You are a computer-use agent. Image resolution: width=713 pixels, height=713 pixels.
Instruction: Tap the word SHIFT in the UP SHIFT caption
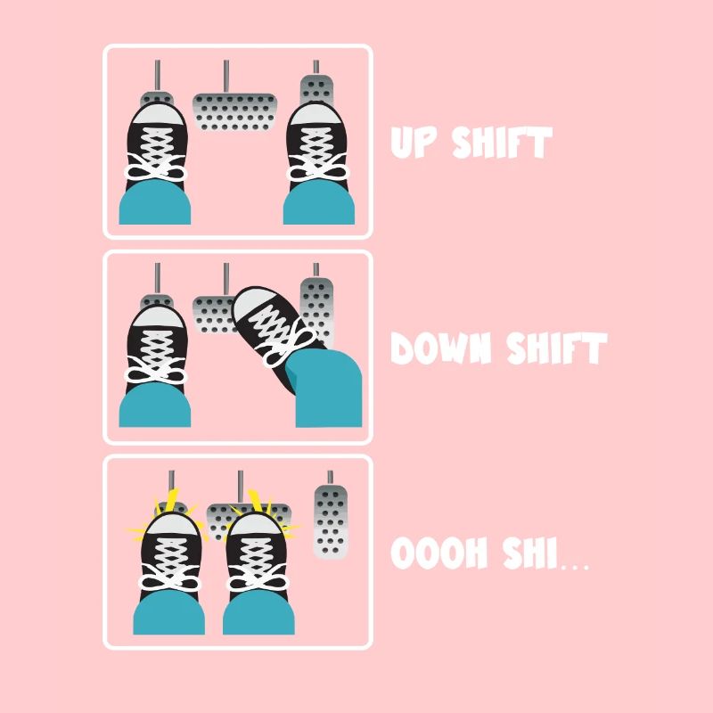click(x=502, y=143)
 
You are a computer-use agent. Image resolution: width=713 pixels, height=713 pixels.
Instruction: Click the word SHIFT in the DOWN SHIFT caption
click(x=557, y=348)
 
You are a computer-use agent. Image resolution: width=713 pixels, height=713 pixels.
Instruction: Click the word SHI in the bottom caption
click(x=529, y=553)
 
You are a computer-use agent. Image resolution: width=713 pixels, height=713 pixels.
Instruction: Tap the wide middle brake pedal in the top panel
click(x=234, y=112)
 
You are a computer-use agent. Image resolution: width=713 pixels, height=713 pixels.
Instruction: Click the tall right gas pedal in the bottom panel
click(x=330, y=521)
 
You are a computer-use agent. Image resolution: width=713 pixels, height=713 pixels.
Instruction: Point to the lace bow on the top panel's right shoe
click(x=318, y=168)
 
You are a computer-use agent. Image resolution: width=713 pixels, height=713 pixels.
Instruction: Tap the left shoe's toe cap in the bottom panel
click(x=170, y=524)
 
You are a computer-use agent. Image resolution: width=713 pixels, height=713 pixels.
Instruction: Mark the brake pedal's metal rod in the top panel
click(x=226, y=77)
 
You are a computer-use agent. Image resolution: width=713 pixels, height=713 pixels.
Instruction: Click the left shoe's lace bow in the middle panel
click(x=156, y=370)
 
